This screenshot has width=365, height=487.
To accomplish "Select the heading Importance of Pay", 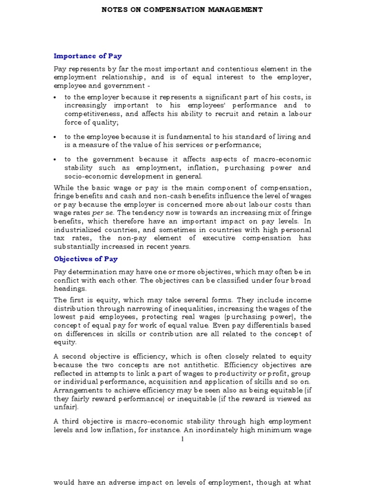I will [87, 56].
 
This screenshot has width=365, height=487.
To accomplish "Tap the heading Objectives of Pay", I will [86, 259].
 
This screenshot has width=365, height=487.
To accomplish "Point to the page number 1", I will [182, 439].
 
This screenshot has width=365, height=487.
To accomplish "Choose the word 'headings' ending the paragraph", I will [70, 289].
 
